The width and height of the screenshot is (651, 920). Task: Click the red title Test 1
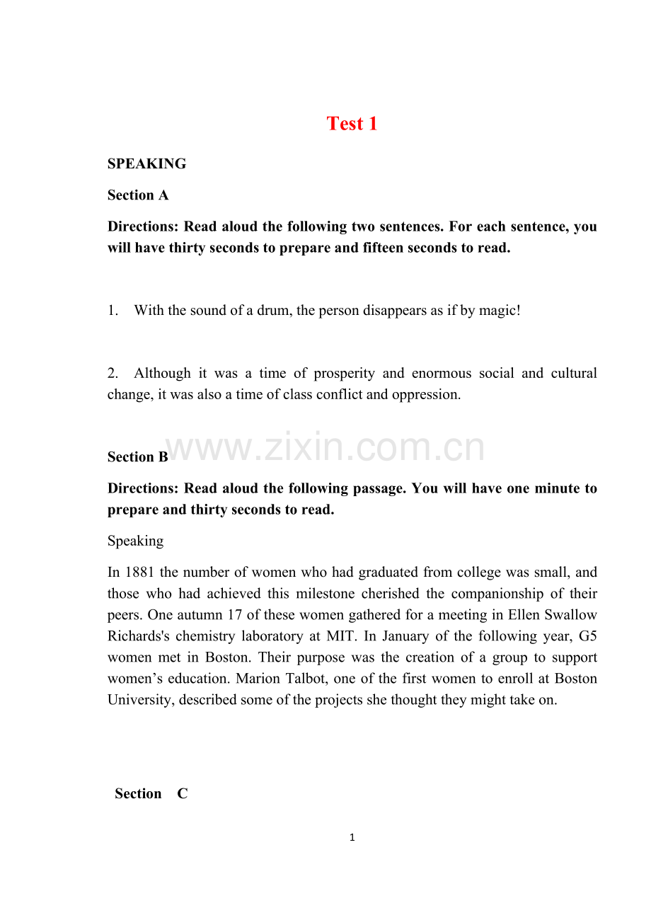tap(352, 124)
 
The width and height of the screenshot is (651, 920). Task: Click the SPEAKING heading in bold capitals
tap(146, 164)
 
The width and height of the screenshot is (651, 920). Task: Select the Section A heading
tap(138, 195)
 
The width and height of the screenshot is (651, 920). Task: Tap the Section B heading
tap(138, 457)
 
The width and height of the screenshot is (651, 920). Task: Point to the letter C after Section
tap(183, 794)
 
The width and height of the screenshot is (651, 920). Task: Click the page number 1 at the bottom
tap(352, 838)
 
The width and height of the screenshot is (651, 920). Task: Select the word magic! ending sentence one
tap(500, 310)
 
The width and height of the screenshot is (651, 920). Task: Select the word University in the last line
tap(141, 700)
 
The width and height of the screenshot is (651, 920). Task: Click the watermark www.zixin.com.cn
tap(324, 447)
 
